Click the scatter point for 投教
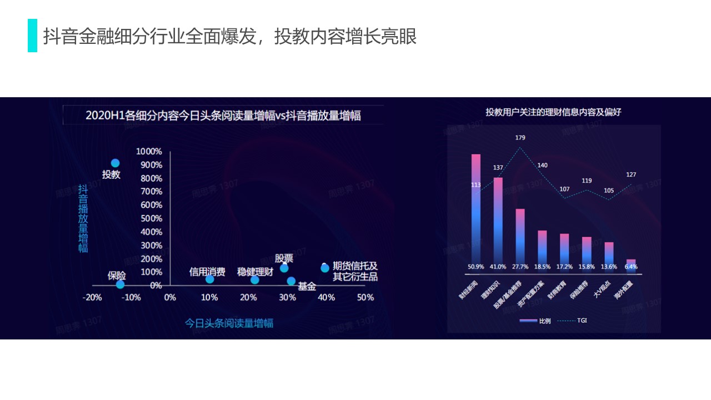pos(115,163)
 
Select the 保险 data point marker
pos(120,284)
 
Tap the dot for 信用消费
pos(209,279)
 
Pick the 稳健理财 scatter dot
pos(254,279)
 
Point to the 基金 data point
pos(291,281)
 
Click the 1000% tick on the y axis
pos(149,152)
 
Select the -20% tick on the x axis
pos(92,298)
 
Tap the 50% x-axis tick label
pos(365,298)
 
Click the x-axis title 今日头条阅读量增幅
pos(229,323)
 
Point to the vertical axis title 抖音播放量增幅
pos(83,218)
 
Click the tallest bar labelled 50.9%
pos(476,211)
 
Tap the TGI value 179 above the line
pos(520,138)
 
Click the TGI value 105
pos(609,191)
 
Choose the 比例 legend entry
pos(536,321)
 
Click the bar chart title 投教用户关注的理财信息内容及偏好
pos(553,112)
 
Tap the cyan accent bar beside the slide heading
pos(32,36)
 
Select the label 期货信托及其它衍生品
pos(355,271)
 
